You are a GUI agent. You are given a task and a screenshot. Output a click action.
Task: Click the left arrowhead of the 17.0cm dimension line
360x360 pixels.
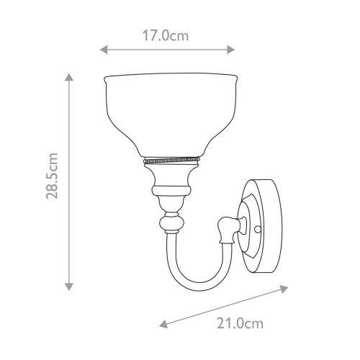(x=103, y=50)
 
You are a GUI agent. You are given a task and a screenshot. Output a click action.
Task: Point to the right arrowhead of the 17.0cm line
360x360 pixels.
(x=231, y=50)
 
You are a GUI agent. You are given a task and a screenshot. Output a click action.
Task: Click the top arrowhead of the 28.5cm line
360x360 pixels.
(x=69, y=77)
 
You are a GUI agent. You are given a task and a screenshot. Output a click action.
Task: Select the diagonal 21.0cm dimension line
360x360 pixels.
(x=224, y=305)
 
